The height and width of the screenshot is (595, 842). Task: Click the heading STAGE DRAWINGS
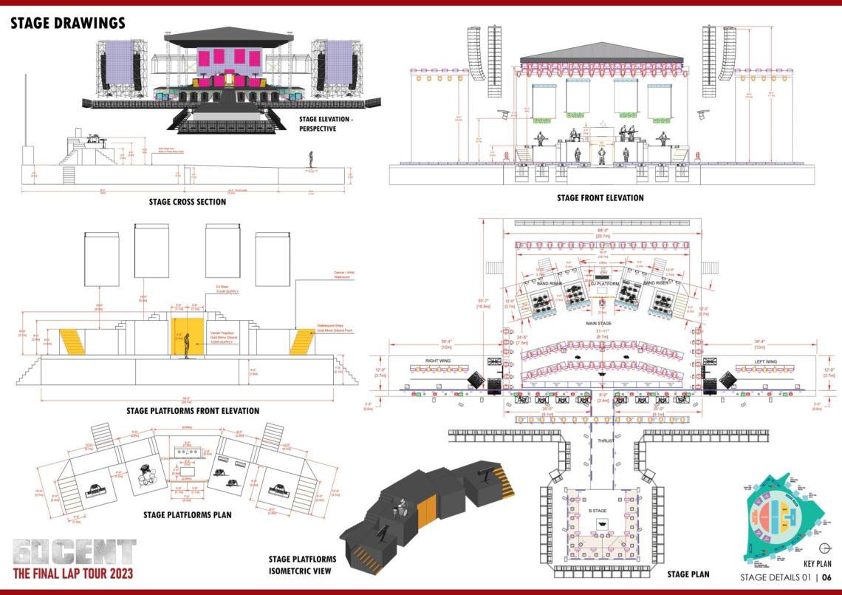(68, 24)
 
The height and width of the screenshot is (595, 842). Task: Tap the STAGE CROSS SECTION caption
(187, 201)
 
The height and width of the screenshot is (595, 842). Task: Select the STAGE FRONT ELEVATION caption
(600, 198)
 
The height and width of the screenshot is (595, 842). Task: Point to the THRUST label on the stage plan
(606, 441)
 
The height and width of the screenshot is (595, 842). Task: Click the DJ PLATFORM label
(603, 283)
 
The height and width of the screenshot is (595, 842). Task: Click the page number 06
(827, 577)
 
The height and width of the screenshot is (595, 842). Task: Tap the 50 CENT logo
(74, 551)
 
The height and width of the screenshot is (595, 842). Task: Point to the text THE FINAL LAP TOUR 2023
(73, 573)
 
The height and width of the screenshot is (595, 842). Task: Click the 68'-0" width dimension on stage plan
(603, 230)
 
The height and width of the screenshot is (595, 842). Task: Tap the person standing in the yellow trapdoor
(188, 346)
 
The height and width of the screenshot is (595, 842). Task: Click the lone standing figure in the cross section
(311, 159)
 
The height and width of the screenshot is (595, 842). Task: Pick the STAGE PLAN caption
(688, 574)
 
